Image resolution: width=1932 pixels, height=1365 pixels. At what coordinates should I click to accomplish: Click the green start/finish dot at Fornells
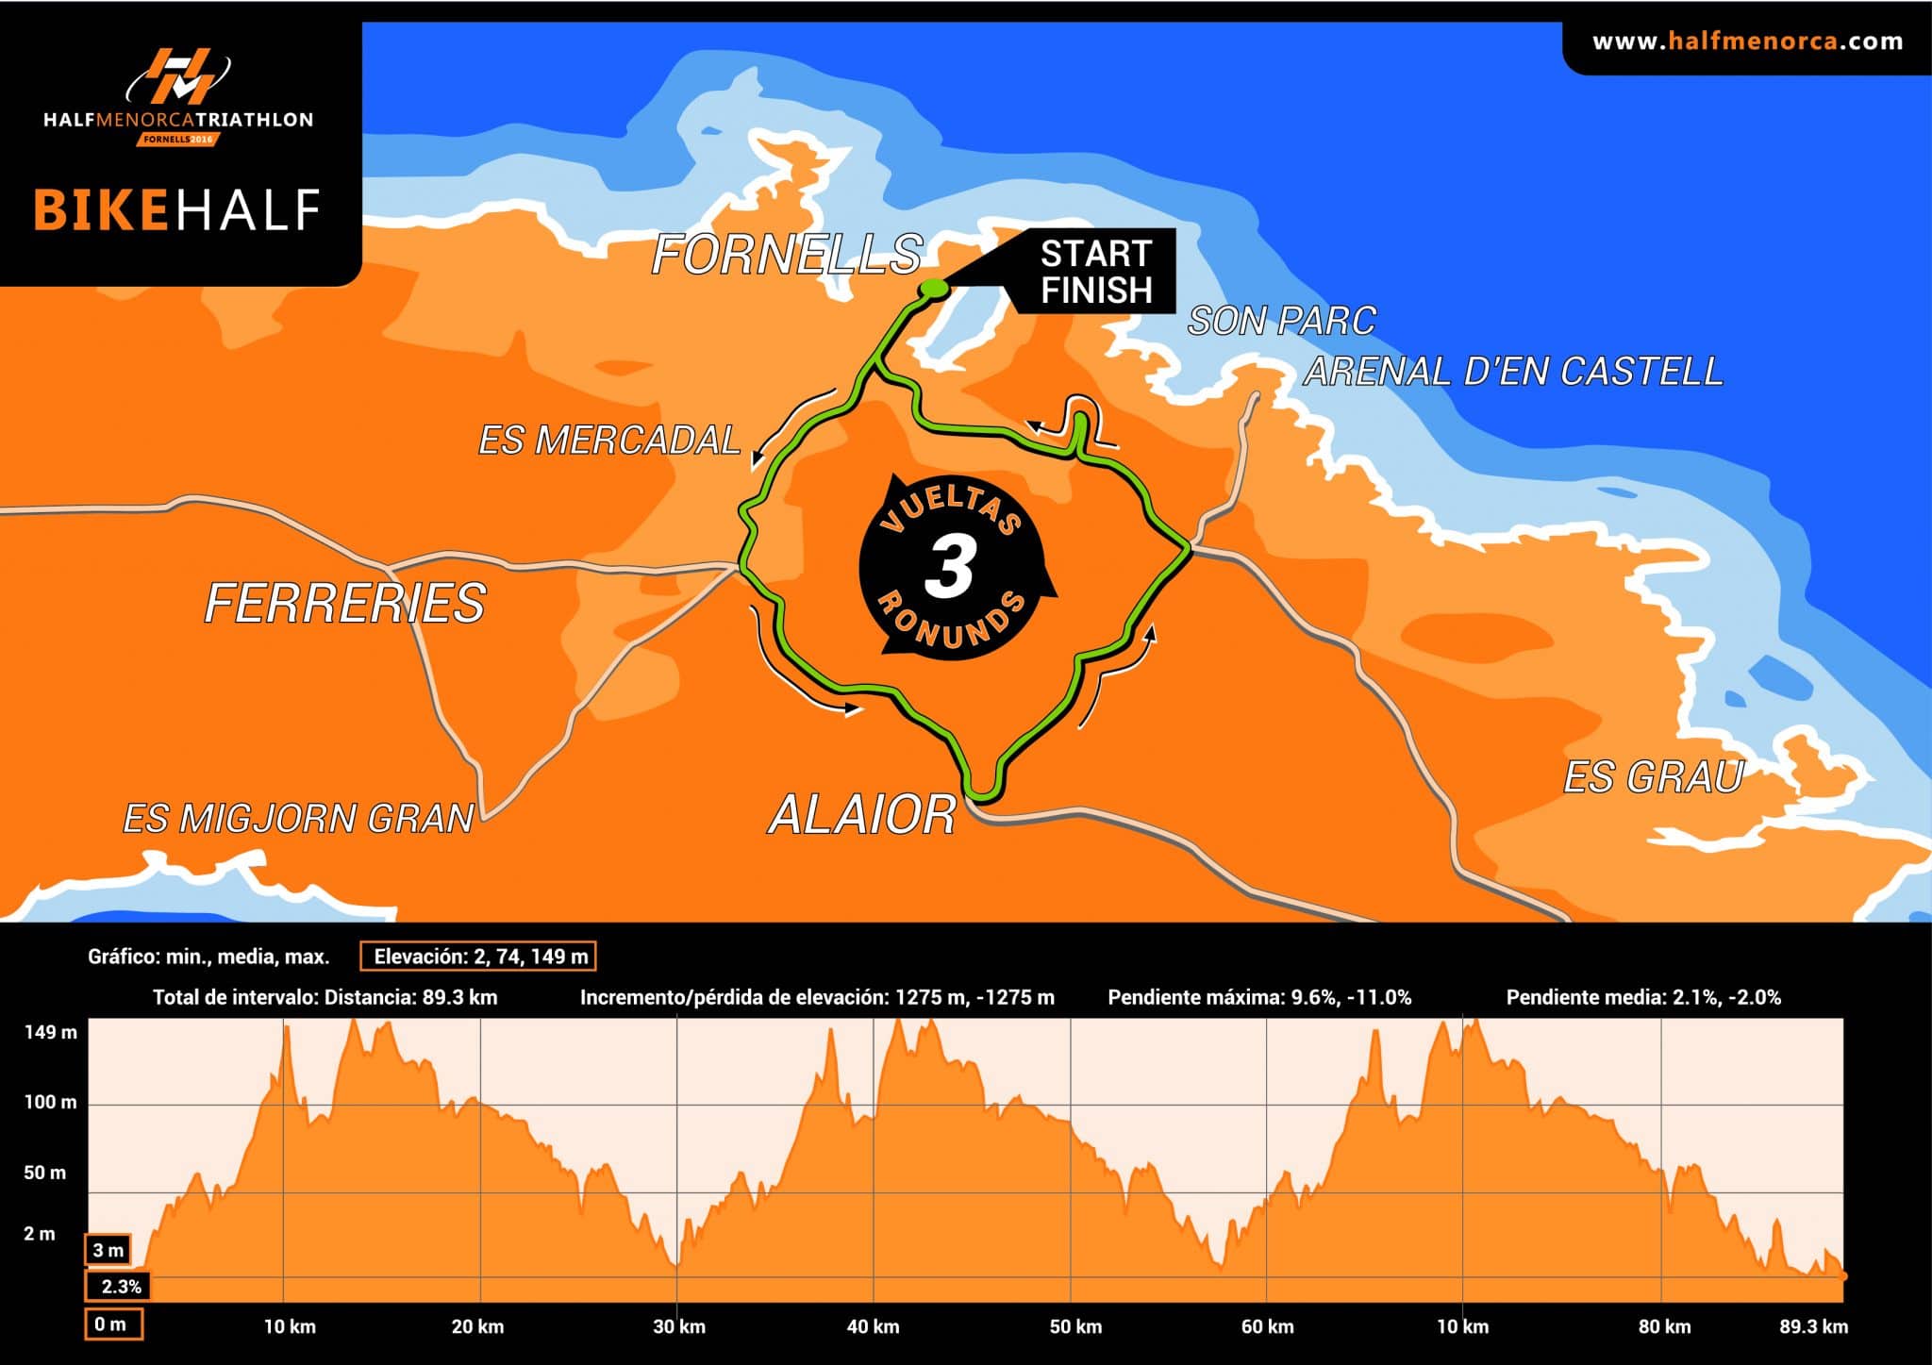tap(933, 288)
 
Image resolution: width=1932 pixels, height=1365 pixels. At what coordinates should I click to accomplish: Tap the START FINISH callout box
tap(1096, 272)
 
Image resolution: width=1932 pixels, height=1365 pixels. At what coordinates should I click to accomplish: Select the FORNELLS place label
tap(787, 254)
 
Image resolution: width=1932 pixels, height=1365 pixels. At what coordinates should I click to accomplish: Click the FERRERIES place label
tap(345, 603)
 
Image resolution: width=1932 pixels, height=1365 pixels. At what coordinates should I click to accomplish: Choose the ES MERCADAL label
tap(609, 441)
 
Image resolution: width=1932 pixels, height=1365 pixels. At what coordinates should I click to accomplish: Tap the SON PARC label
tap(1282, 321)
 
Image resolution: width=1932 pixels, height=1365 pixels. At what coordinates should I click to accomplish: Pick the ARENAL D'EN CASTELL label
tap(1514, 371)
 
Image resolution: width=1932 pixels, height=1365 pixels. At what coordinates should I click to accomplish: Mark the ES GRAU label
tap(1654, 777)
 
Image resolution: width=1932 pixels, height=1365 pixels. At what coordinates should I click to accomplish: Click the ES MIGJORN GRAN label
tap(298, 818)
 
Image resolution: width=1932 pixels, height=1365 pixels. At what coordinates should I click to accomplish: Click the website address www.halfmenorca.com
tap(1747, 42)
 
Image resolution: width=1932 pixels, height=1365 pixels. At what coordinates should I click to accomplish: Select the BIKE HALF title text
tap(177, 210)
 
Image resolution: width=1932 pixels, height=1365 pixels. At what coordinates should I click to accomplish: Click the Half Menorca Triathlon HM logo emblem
tap(179, 76)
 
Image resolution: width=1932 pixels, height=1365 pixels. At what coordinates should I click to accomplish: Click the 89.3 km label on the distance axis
tap(1813, 1326)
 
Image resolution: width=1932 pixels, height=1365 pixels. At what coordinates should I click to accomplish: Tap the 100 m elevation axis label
tap(51, 1102)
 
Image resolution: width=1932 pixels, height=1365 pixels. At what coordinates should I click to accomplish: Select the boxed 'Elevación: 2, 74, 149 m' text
tap(478, 957)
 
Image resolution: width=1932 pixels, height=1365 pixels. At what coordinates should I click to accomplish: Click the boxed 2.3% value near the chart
tap(121, 1286)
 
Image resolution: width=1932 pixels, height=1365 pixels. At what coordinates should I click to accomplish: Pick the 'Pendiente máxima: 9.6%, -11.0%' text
tap(1259, 997)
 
